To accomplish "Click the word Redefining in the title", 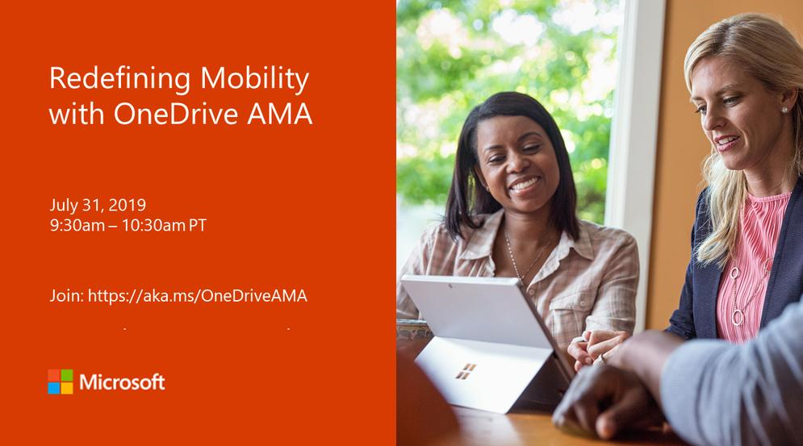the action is pyautogui.click(x=119, y=79).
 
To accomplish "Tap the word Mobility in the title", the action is pyautogui.click(x=255, y=79).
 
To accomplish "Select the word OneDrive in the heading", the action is pyautogui.click(x=176, y=114).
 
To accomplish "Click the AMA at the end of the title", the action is pyautogui.click(x=279, y=114).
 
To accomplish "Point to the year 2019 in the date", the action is pyautogui.click(x=127, y=205).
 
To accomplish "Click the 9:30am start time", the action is pyautogui.click(x=77, y=225).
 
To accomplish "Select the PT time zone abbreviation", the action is pyautogui.click(x=198, y=225).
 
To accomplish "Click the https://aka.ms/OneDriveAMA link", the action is pyautogui.click(x=198, y=296).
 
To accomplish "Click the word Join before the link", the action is pyautogui.click(x=66, y=296).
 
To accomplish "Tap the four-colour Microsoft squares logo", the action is pyautogui.click(x=61, y=381).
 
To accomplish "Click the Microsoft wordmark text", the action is pyautogui.click(x=122, y=382).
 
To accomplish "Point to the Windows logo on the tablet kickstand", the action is pyautogui.click(x=466, y=371).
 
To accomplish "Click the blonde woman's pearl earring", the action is pyautogui.click(x=784, y=110).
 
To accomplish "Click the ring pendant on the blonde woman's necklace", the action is pyautogui.click(x=737, y=317).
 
